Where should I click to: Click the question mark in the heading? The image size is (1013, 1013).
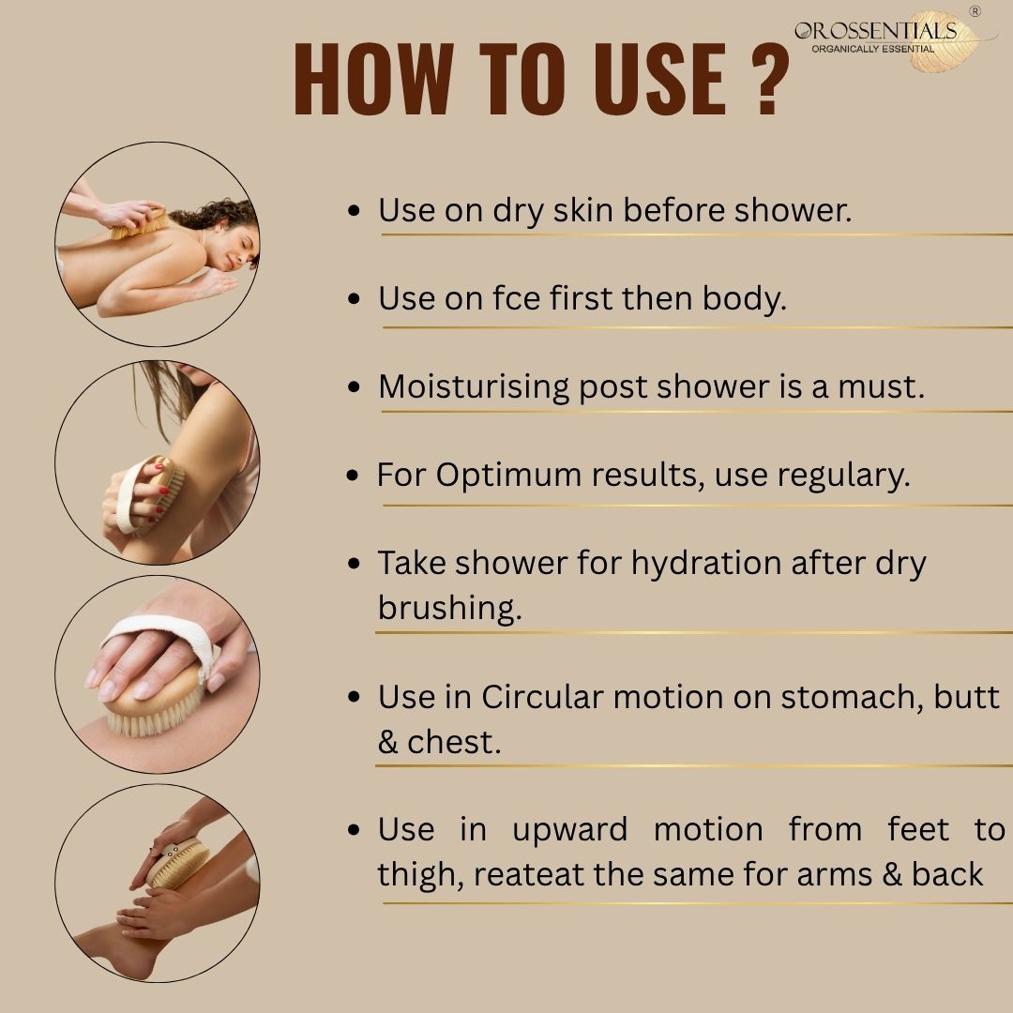coord(770,80)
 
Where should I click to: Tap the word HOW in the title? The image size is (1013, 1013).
coord(373,79)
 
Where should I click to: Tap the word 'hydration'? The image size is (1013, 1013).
coord(706,563)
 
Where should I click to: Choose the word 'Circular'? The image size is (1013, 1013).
coord(541,696)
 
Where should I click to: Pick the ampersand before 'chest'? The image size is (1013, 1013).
coord(387,742)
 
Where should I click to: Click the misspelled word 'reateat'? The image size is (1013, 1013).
coord(529,874)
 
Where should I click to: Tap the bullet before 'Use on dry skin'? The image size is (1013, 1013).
coord(354,211)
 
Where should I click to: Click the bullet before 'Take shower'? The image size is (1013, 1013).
coord(354,564)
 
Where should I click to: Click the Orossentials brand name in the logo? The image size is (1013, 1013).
coord(875,30)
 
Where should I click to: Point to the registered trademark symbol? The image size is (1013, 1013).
coord(975,11)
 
